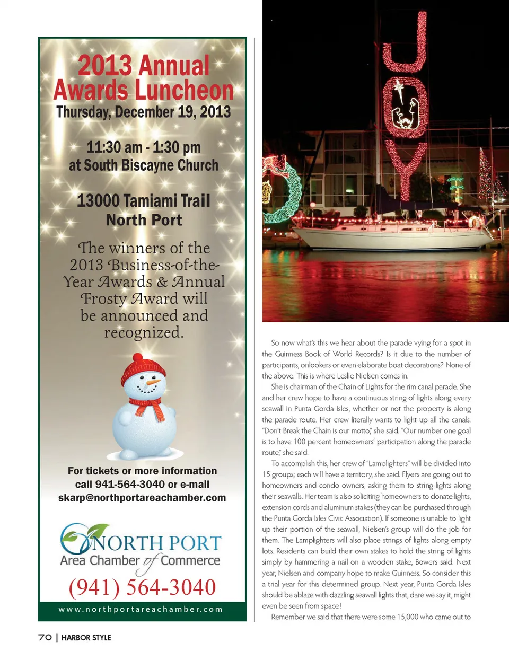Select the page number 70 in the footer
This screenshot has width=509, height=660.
point(45,637)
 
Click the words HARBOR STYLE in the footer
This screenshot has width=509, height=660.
point(86,637)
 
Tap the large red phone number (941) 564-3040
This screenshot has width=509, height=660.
point(142,587)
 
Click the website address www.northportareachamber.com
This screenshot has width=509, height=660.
point(141,609)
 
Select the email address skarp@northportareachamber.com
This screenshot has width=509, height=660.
point(142,498)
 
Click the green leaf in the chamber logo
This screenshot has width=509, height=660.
point(99,530)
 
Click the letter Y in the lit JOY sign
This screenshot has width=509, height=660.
point(406,170)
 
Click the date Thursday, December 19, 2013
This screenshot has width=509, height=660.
point(143,112)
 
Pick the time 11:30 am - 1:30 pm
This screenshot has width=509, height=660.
point(143,147)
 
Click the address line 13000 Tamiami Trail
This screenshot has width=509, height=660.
point(143,201)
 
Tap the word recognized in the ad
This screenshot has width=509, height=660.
point(144,332)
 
